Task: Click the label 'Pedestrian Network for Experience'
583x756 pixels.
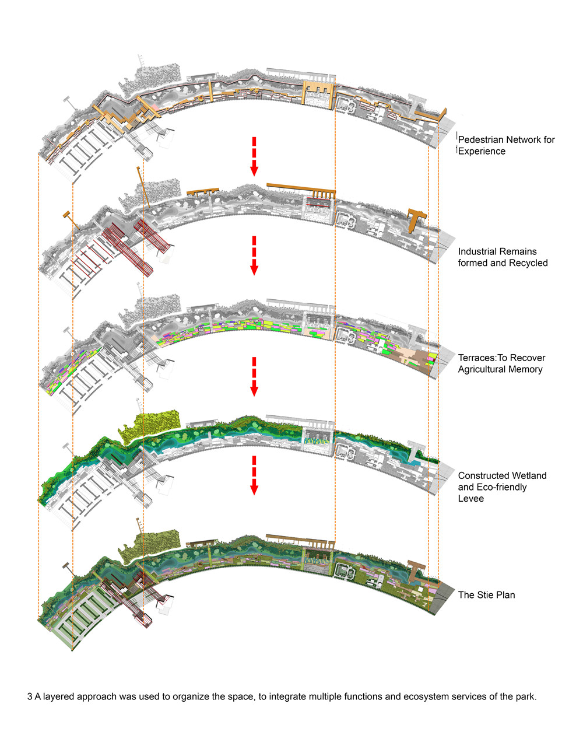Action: [x=506, y=145]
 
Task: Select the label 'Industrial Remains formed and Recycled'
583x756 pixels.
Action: [x=503, y=257]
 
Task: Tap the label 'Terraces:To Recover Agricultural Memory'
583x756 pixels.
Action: [x=501, y=363]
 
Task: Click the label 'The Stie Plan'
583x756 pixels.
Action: [x=486, y=595]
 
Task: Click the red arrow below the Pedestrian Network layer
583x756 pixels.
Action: [x=254, y=156]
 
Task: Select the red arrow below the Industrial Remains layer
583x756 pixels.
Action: [x=254, y=256]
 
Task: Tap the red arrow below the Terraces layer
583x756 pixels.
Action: [x=254, y=376]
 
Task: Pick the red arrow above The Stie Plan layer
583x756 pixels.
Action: [x=254, y=475]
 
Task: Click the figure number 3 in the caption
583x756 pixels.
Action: [x=30, y=696]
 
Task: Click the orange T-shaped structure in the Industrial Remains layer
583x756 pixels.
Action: [x=416, y=219]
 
